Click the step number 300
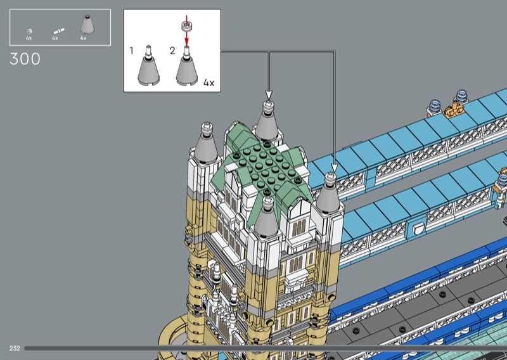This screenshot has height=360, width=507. (25, 59)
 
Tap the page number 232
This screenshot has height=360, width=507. (15, 349)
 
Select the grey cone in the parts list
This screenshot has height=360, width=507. (87, 24)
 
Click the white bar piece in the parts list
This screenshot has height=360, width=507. (58, 31)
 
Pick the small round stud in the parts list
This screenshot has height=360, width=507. (29, 31)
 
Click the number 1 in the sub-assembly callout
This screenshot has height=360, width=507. (131, 51)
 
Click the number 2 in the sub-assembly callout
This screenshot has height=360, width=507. (172, 51)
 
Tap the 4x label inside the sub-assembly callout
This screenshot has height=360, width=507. (209, 83)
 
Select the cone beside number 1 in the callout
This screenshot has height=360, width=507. (148, 70)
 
